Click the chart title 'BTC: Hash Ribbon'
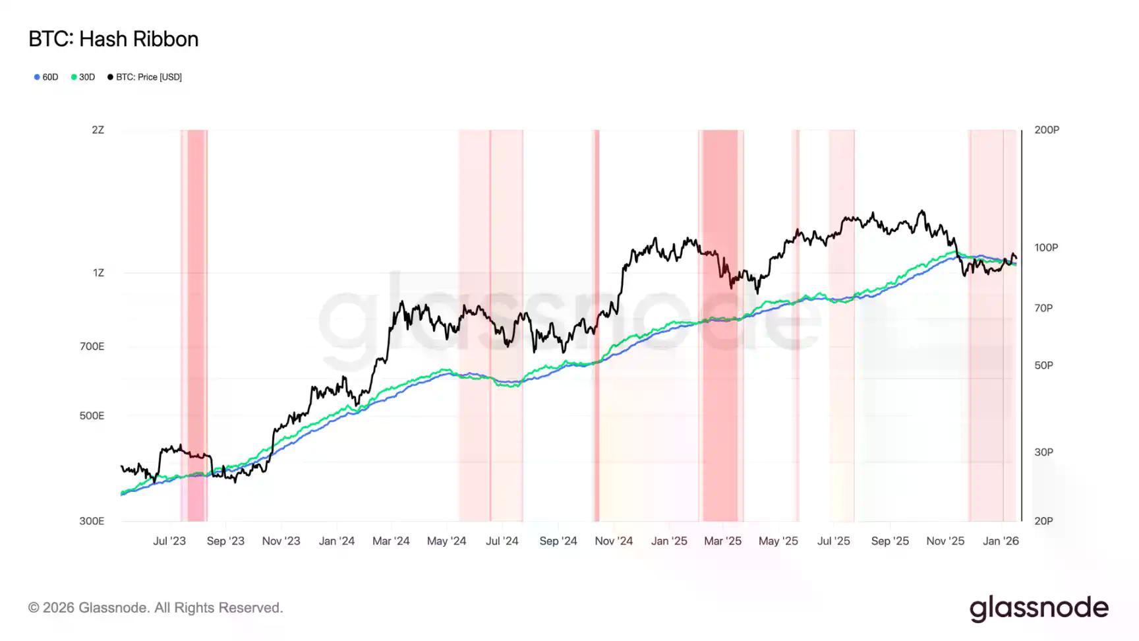[x=113, y=40]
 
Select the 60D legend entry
[x=47, y=77]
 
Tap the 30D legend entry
[x=84, y=77]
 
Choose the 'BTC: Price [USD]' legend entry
[x=145, y=77]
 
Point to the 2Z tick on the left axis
[x=98, y=130]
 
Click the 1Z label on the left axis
[x=98, y=272]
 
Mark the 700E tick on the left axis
[x=92, y=346]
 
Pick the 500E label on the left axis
[x=92, y=415]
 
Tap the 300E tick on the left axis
[x=92, y=521]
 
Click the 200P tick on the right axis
[x=1047, y=130]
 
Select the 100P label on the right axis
[x=1046, y=247]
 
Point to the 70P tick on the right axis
[x=1043, y=308]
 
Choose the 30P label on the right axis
[x=1043, y=452]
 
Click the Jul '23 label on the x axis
[x=169, y=541]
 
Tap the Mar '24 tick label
[x=391, y=541]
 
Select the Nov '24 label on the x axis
[x=614, y=541]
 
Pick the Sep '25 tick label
[x=890, y=541]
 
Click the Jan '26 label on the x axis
[x=1001, y=541]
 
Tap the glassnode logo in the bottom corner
[x=1039, y=608]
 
